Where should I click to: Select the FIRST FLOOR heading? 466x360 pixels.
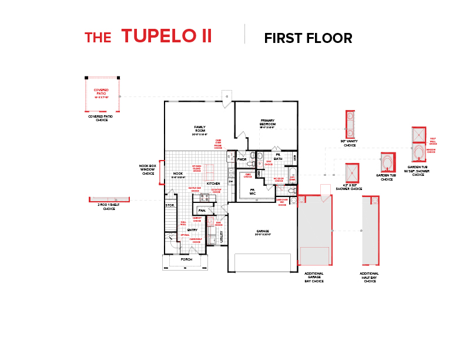308,39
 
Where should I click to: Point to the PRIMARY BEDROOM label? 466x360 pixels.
267,123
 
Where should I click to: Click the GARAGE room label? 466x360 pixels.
262,231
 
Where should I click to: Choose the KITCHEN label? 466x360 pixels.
213,184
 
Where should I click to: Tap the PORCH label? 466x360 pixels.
186,259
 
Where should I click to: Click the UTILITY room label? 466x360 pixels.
222,236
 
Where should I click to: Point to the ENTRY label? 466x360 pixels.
192,229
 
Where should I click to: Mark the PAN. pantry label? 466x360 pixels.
202,210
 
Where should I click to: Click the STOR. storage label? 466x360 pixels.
170,205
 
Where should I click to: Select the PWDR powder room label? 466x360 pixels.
242,159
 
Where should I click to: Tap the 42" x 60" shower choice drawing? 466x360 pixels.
352,174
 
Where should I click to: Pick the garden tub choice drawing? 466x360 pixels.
388,162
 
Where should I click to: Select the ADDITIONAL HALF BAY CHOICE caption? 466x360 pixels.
369,278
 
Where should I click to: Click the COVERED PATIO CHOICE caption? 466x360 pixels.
102,118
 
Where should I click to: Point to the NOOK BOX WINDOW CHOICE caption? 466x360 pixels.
147,170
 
